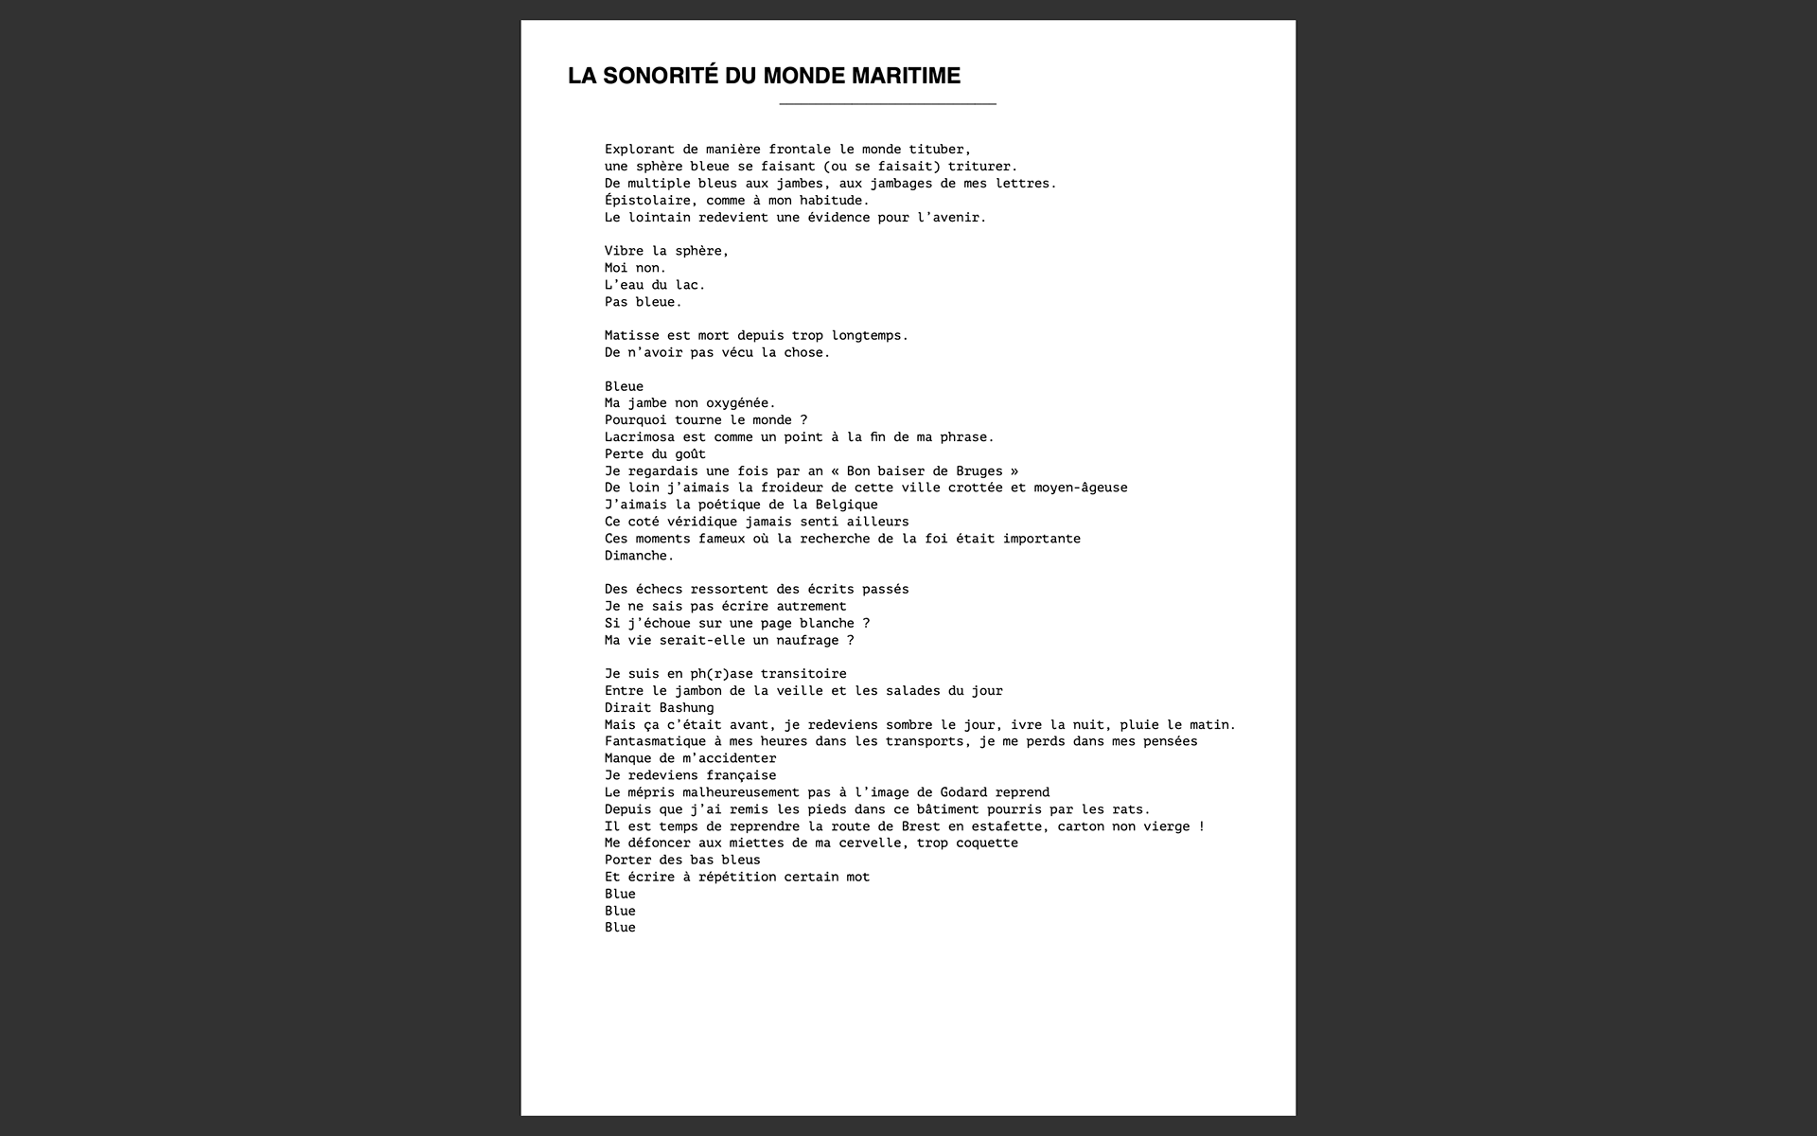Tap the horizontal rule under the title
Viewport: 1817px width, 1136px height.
click(887, 103)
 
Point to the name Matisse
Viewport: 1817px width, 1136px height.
click(632, 335)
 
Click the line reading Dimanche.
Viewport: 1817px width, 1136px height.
click(640, 556)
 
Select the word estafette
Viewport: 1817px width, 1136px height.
click(1011, 826)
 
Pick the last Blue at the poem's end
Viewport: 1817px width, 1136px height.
click(620, 928)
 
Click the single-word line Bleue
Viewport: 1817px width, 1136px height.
click(624, 386)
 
